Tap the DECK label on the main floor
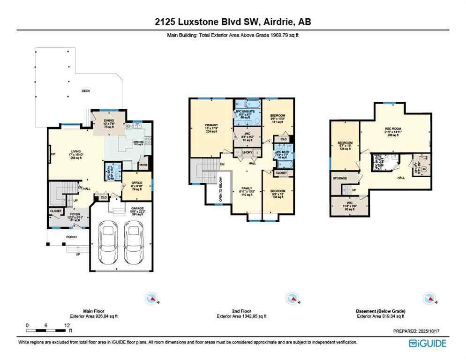[x=85, y=90]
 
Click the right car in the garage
[x=134, y=243]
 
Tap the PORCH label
[x=71, y=237]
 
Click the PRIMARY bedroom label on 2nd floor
[x=211, y=125]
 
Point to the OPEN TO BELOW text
[x=219, y=189]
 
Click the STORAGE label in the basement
[x=339, y=178]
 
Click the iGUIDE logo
[x=427, y=343]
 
